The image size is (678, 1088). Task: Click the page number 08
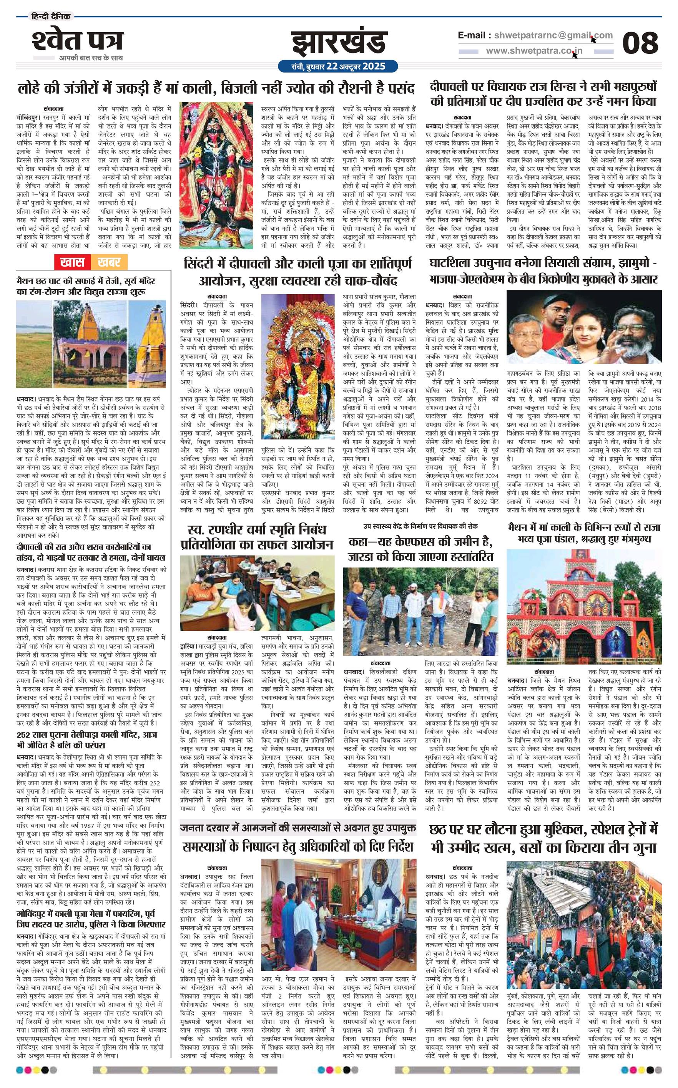[x=640, y=43]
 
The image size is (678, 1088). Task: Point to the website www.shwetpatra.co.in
[x=533, y=51]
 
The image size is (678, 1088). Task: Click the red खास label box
[x=72, y=262]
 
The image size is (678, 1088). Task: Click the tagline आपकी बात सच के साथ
[x=91, y=58]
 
